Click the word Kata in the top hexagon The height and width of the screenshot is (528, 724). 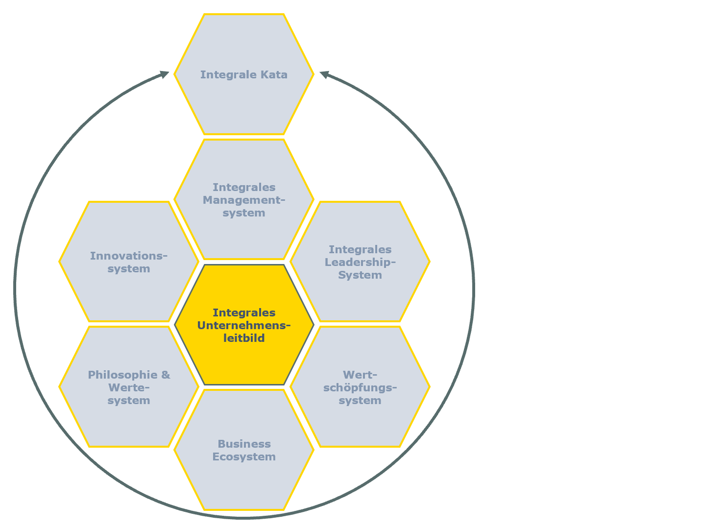click(274, 75)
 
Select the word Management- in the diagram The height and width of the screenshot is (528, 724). click(244, 200)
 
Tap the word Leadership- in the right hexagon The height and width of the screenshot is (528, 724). click(360, 263)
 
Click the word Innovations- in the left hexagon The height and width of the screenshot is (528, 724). click(129, 256)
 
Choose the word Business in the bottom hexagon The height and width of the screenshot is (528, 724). click(244, 444)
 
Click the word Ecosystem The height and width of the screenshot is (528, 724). click(244, 457)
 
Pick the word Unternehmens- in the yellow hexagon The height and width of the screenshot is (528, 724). click(244, 326)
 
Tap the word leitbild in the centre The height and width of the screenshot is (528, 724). click(244, 338)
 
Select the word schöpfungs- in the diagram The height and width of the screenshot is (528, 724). click(360, 388)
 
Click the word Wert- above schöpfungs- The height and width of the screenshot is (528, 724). click(360, 375)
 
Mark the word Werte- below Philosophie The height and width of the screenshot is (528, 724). click(129, 388)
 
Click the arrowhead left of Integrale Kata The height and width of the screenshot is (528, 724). click(164, 74)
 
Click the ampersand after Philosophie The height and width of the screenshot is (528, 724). click(166, 375)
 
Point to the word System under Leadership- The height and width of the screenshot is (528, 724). click(360, 275)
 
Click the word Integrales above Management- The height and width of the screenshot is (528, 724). click(244, 188)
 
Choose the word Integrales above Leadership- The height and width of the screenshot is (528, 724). click(360, 250)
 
